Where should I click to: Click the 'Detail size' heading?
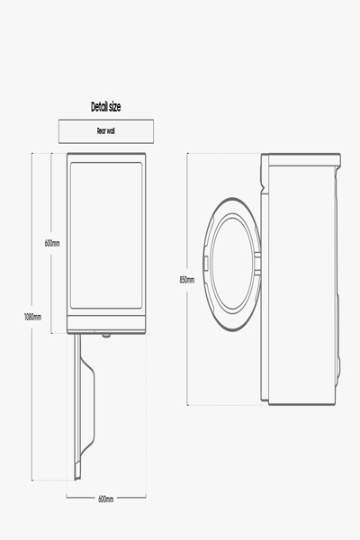106,107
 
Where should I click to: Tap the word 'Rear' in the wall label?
102,130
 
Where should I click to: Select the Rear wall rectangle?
106,130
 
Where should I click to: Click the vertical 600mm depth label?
52,243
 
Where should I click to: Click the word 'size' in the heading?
113,107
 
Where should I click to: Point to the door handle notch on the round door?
207,262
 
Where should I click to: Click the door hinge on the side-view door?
260,261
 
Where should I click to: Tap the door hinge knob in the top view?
106,334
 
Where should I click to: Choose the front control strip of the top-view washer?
106,324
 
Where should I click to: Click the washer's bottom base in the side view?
301,401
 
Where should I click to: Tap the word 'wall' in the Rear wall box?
112,130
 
